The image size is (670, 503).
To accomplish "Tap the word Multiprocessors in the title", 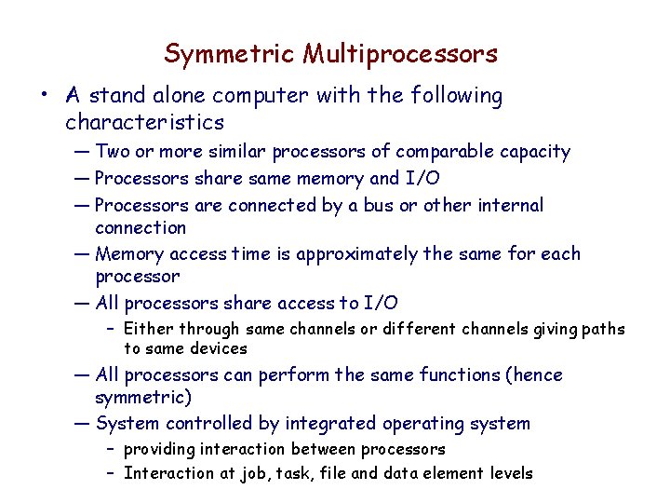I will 400,54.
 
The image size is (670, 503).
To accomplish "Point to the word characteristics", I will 144,122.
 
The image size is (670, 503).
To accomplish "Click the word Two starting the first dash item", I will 113,152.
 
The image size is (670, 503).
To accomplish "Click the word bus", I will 378,205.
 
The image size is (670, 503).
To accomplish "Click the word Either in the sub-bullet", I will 149,329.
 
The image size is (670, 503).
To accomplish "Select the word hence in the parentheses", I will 535,374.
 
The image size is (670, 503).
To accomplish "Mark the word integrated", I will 337,424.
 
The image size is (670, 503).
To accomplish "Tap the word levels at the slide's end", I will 508,473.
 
